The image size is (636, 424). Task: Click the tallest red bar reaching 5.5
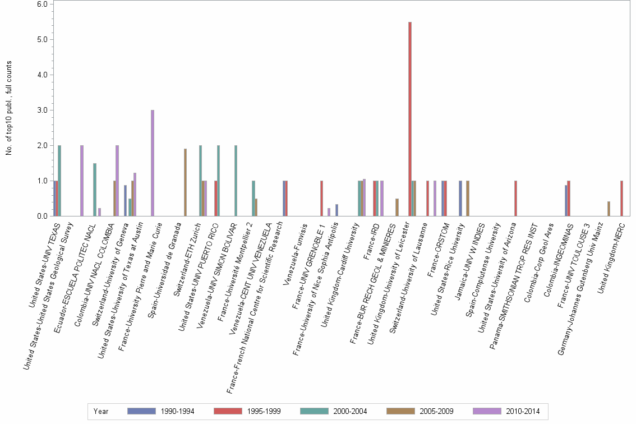point(410,119)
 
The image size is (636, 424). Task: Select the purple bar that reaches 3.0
point(153,163)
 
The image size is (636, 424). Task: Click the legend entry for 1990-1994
point(162,411)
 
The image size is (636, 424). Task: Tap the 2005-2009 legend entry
point(421,411)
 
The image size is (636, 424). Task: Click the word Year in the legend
point(102,411)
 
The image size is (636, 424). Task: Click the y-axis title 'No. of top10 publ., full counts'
point(9,110)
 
